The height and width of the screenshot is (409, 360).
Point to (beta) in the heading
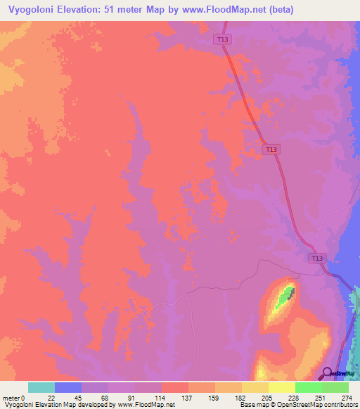point(280,9)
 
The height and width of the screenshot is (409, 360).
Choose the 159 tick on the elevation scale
point(215,398)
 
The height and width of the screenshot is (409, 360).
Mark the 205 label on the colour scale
point(269,398)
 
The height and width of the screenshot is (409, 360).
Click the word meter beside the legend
point(12,398)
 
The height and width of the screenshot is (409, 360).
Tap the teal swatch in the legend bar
point(41,387)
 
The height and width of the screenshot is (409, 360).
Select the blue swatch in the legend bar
point(68,387)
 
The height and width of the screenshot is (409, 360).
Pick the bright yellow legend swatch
point(282,387)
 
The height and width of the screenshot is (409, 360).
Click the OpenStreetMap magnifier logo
point(326,373)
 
